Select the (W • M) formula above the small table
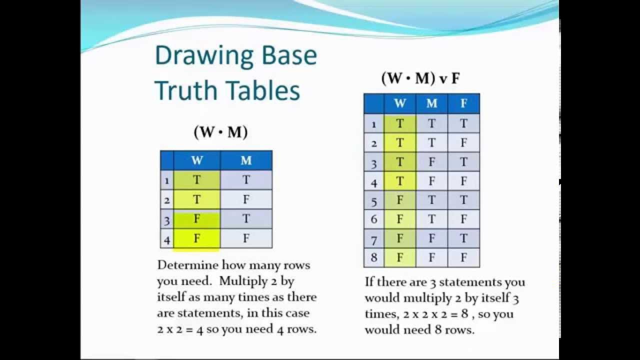click(220, 132)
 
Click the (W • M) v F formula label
click(420, 78)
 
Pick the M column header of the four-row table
click(246, 160)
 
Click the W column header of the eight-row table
click(399, 103)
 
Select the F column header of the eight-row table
click(463, 103)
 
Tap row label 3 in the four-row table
click(167, 220)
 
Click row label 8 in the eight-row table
click(373, 258)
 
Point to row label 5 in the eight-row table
click(373, 201)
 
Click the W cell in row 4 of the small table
click(196, 238)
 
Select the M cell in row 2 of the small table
click(246, 200)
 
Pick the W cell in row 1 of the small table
click(196, 180)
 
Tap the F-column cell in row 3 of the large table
click(463, 162)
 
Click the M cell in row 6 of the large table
click(431, 219)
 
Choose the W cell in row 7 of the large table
click(399, 239)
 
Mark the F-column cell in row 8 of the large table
click(463, 258)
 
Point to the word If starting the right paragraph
click(369, 281)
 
